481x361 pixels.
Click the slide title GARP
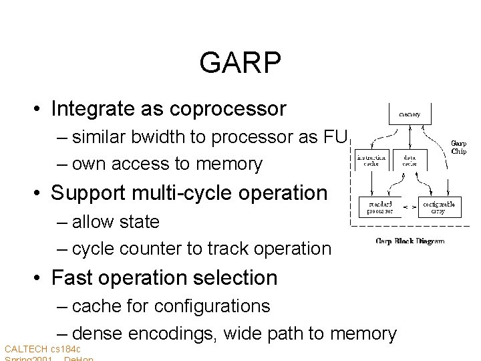coord(240,64)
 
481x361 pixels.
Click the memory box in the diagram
coord(410,114)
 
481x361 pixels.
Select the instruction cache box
coord(372,162)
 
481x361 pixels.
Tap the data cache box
coord(409,162)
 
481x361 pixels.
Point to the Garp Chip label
coord(458,146)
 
